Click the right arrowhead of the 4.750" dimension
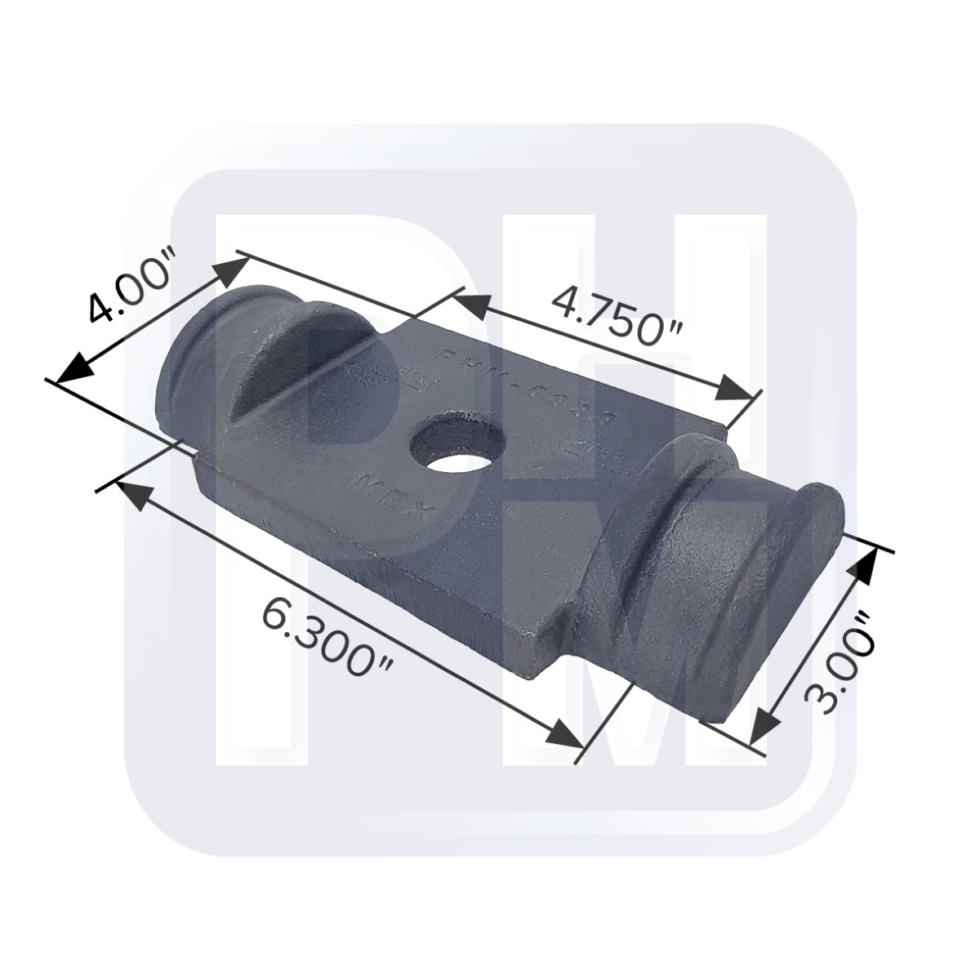point(732,390)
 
